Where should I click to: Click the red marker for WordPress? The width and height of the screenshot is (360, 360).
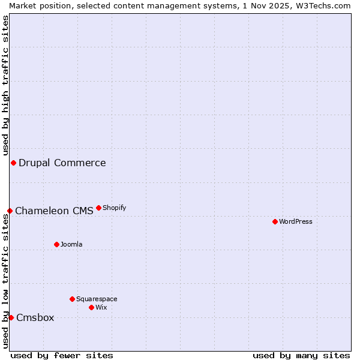275,221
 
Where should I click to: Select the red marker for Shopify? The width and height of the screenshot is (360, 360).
98,208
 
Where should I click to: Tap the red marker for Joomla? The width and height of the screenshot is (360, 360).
56,244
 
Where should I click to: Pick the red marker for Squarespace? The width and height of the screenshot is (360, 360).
72,299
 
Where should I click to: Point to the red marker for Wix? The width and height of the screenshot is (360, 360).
91,307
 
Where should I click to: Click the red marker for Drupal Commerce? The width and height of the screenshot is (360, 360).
13,163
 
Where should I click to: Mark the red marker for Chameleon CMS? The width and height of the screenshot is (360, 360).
10,211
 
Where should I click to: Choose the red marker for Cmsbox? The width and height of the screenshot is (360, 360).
11,317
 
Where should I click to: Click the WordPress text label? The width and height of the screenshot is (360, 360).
296,221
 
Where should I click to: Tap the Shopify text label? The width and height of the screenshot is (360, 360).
114,208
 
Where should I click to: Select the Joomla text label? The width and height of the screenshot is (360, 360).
71,244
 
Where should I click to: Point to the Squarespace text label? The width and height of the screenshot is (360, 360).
97,299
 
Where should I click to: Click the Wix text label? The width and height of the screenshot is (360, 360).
101,307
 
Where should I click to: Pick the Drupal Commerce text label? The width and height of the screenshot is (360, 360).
62,163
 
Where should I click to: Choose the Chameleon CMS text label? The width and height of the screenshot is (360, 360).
54,211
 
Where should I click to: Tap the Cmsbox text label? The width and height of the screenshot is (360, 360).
35,317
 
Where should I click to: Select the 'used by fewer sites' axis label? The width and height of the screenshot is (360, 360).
62,355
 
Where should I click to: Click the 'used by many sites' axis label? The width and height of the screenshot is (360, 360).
301,355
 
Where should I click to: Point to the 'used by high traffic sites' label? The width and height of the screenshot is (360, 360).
5,85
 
